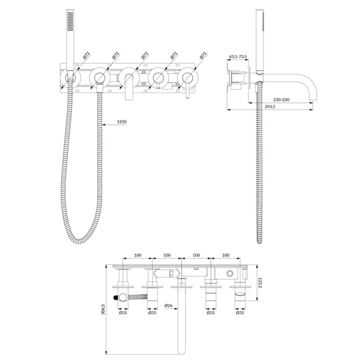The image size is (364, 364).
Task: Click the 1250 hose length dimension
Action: (x=122, y=122)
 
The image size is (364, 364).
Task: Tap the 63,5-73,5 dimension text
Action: (x=237, y=57)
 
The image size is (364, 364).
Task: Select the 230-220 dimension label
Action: (x=281, y=99)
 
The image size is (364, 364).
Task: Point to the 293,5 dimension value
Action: (x=270, y=106)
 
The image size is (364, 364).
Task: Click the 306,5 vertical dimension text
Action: (x=103, y=309)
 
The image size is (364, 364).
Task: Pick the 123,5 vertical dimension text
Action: (x=260, y=283)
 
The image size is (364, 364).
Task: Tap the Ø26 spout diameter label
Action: (x=169, y=306)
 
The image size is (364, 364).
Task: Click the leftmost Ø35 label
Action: (x=123, y=313)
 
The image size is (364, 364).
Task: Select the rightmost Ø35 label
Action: (x=240, y=313)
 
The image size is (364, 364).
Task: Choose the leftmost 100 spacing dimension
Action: (x=138, y=255)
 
